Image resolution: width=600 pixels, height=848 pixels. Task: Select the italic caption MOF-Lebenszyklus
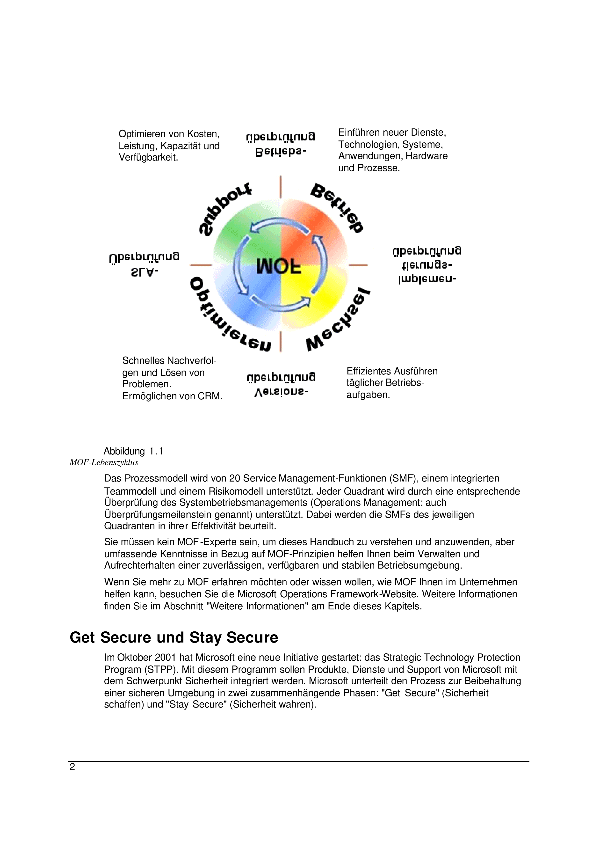pos(104,462)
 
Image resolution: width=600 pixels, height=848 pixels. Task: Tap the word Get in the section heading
pos(82,638)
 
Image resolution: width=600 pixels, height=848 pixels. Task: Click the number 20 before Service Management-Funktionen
pos(235,478)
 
